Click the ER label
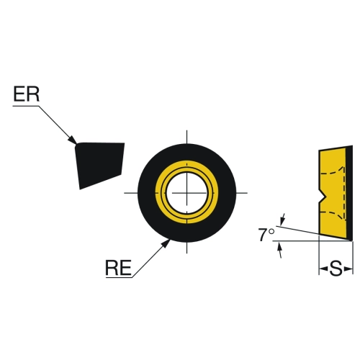pos(26,94)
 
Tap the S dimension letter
pos(336,269)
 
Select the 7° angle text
pos(266,235)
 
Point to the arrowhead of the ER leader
pos(73,140)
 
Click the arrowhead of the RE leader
pos(166,243)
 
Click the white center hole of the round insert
pos(187,193)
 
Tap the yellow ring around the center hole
pos(160,193)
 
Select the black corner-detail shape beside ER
pos(99,163)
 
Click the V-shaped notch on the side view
pos(322,196)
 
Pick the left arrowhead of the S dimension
pos(323,269)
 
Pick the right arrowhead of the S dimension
pos(348,269)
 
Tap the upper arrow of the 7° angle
pos(283,218)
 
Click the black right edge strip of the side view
pos(350,193)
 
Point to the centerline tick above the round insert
pos(187,137)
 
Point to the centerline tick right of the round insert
pos(242,193)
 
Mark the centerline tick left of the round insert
pos(131,193)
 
